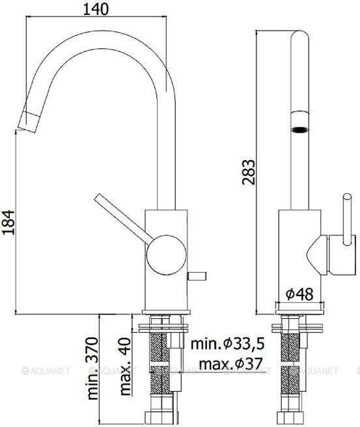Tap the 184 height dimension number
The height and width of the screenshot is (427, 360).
[8, 222]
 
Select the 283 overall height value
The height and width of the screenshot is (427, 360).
[249, 172]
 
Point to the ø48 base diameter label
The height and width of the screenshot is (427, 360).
[299, 294]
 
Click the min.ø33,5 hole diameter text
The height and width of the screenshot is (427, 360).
[227, 344]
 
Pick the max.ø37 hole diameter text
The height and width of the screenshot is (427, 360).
[230, 363]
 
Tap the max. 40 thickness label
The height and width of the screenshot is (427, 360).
[126, 366]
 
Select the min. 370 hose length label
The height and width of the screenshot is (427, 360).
[92, 368]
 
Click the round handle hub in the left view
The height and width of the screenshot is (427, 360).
[167, 255]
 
